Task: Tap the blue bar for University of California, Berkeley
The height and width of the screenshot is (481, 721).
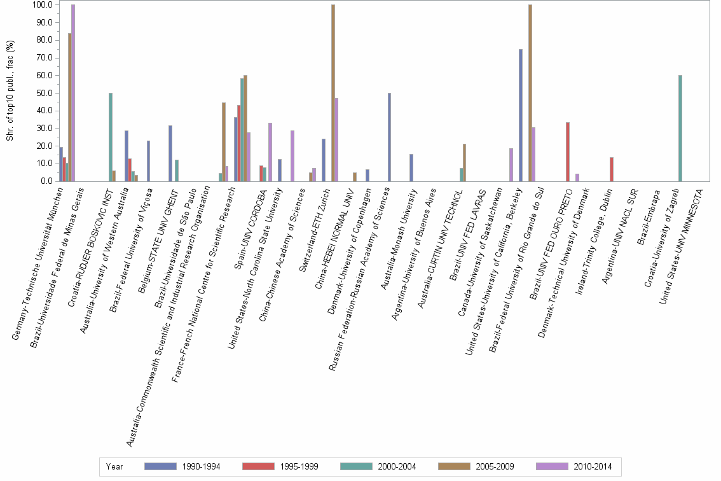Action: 521,115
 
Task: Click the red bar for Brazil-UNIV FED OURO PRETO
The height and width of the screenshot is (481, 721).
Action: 567,152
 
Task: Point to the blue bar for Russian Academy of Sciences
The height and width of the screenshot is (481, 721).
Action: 389,137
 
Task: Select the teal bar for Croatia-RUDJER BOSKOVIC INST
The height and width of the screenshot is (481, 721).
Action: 111,137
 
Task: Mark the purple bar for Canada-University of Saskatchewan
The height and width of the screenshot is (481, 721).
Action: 511,165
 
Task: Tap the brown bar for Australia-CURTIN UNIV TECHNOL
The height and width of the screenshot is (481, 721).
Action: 464,163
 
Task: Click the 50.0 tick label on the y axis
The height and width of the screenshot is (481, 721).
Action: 44,93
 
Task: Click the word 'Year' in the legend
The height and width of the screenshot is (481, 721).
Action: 114,466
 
